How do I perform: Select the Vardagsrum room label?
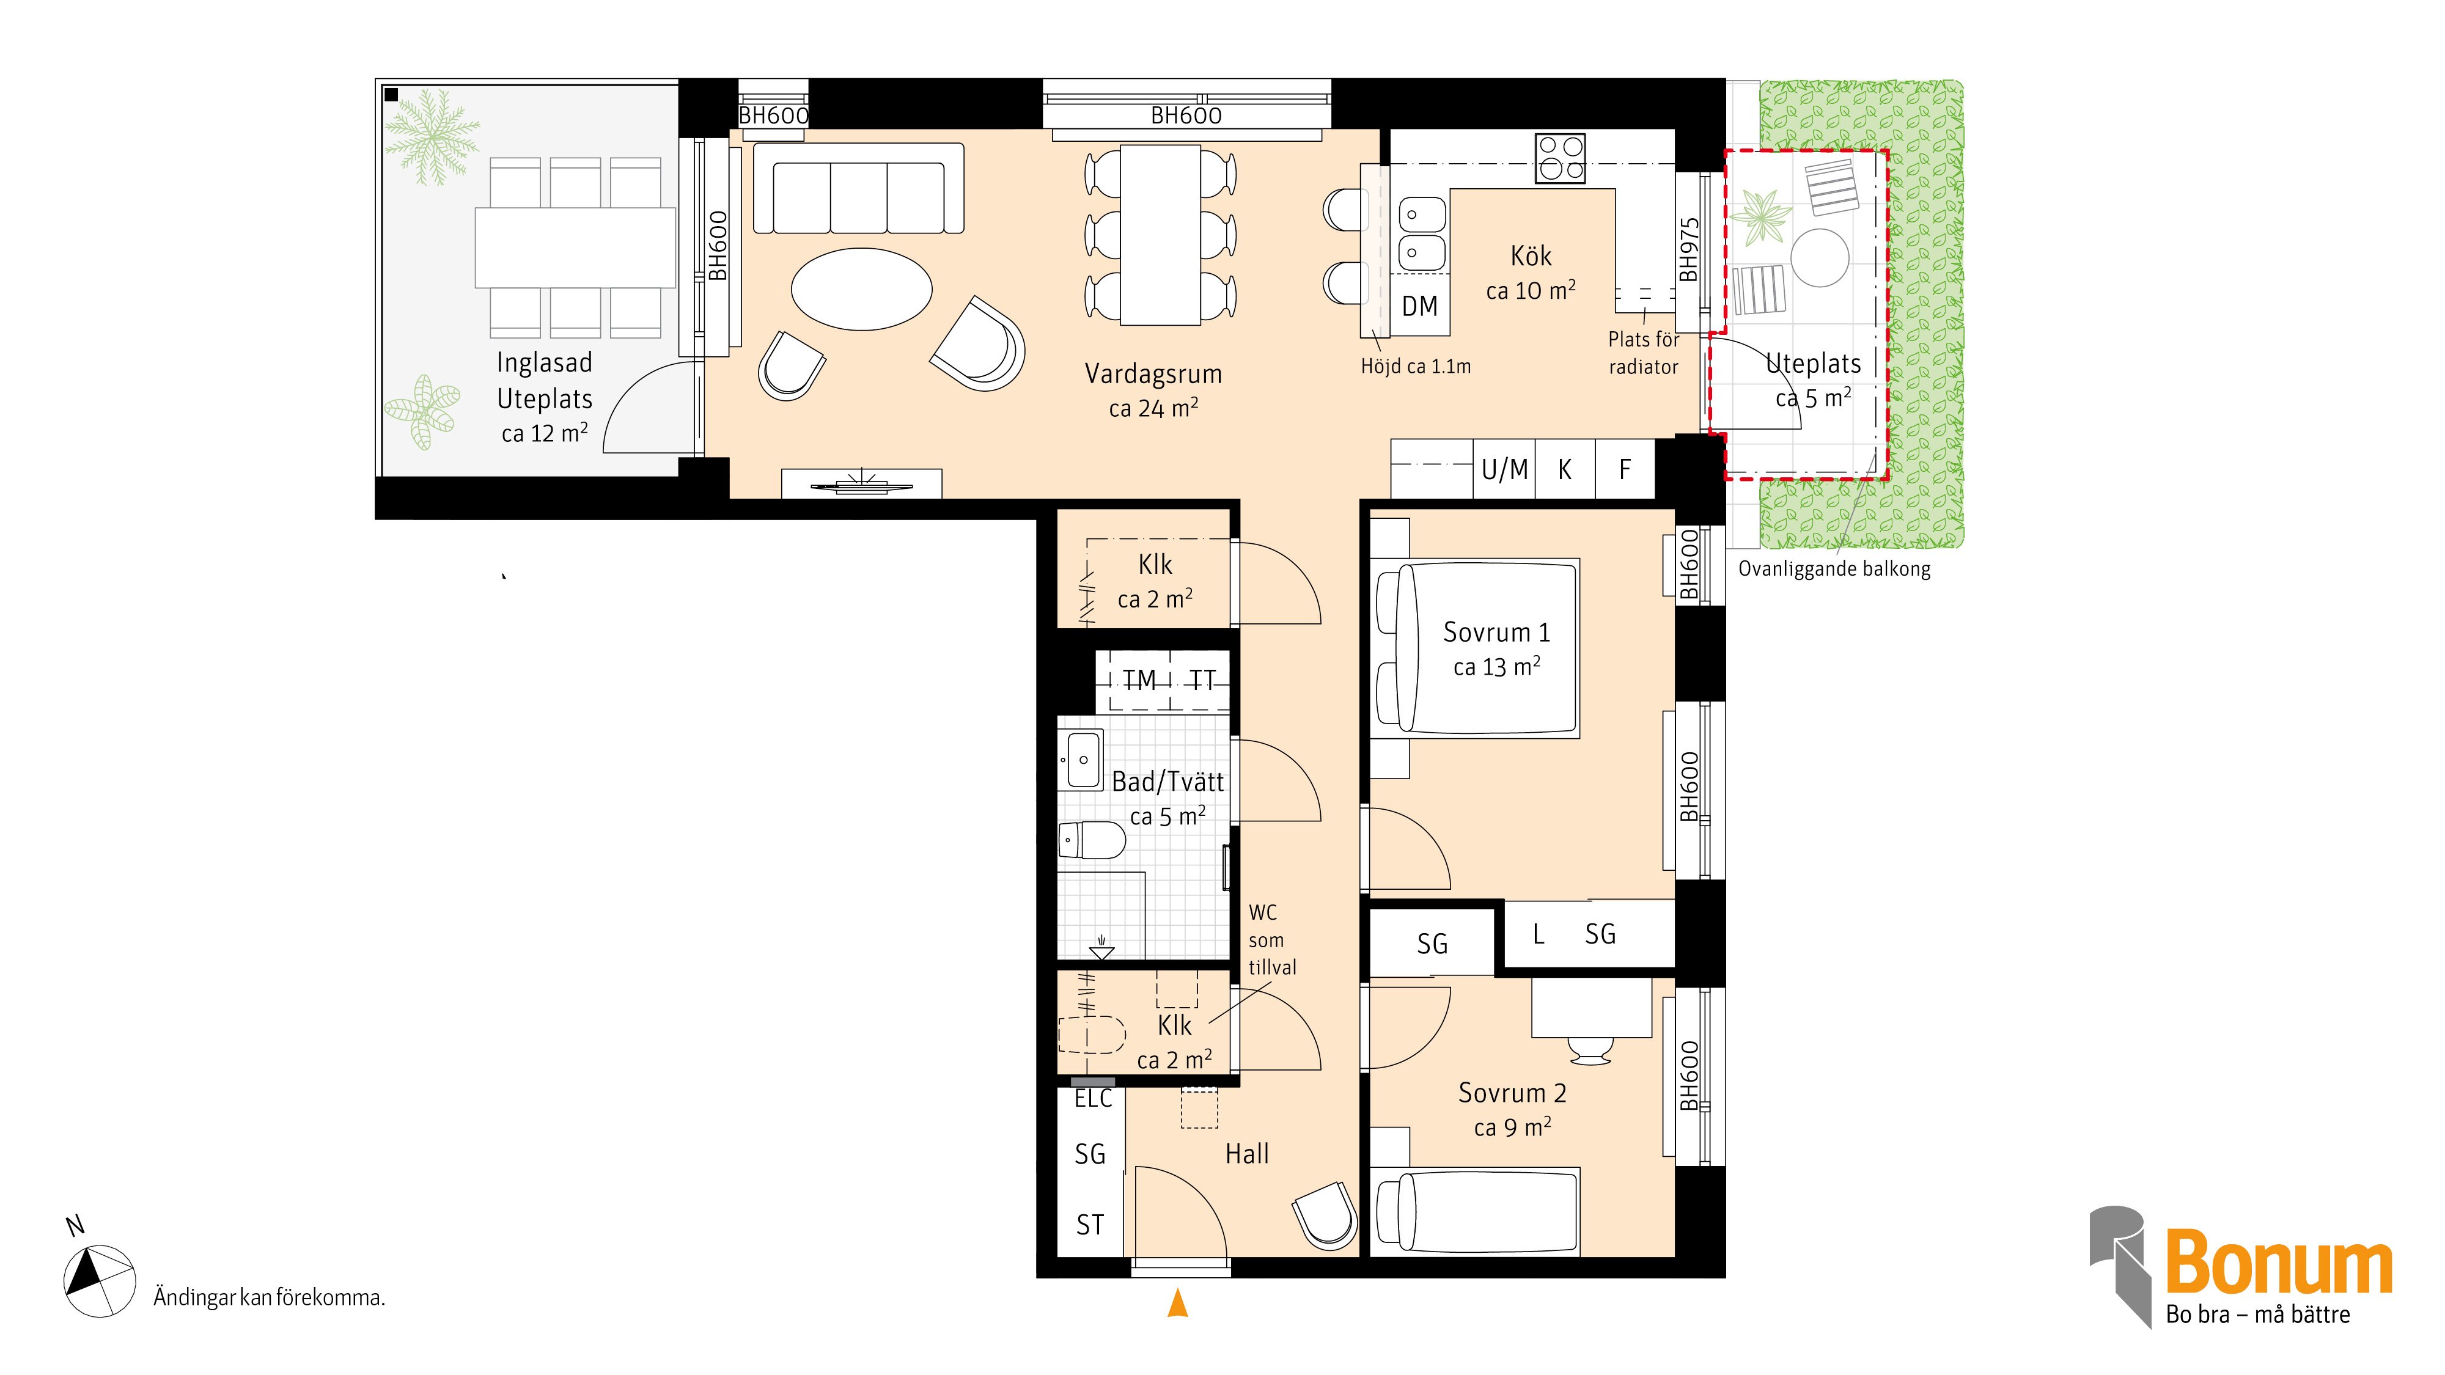pyautogui.click(x=1153, y=374)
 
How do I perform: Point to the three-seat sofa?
pyautogui.click(x=859, y=188)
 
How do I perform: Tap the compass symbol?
pyautogui.click(x=98, y=1281)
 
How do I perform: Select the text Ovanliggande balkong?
pyautogui.click(x=1834, y=570)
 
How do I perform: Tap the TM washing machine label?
pyautogui.click(x=1139, y=680)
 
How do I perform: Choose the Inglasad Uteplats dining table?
pyautogui.click(x=575, y=248)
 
